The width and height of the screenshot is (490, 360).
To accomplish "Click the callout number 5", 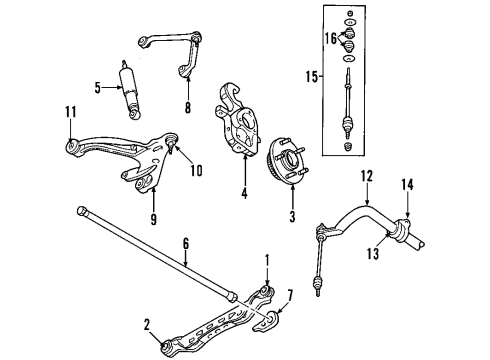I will click(x=98, y=88).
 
